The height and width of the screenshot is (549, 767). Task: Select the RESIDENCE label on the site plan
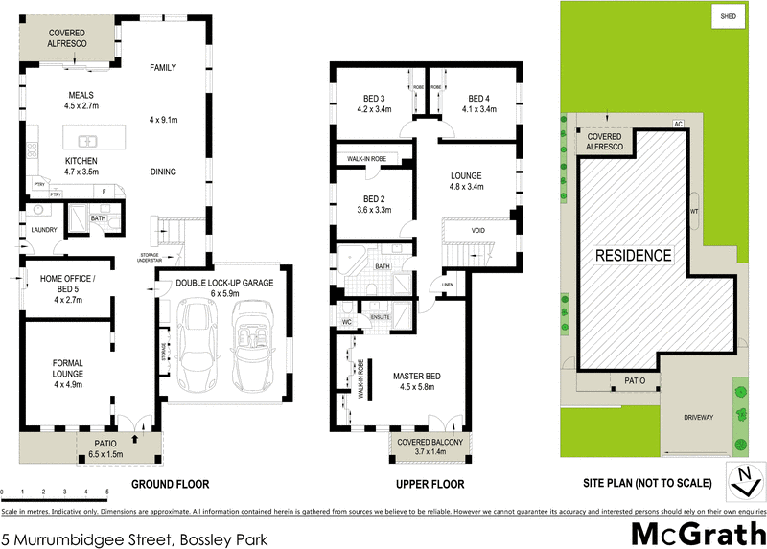coord(634,256)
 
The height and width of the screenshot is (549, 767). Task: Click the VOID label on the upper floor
coord(477,231)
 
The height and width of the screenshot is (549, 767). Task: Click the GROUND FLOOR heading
coord(170,484)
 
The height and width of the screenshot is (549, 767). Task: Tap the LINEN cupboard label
coord(447,286)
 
